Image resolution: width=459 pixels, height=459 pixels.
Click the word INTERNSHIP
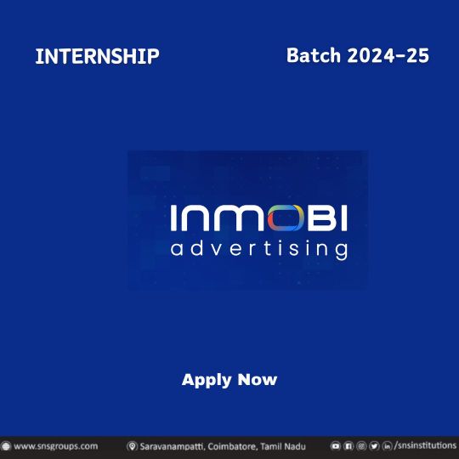coord(97,57)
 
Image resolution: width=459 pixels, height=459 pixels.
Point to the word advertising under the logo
coord(258,249)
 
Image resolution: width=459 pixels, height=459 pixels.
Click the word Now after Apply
coord(258,380)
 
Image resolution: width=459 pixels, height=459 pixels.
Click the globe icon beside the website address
coord(6,446)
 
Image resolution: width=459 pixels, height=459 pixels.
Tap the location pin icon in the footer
coord(133,446)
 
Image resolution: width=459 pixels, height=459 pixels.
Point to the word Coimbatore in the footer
coord(234,446)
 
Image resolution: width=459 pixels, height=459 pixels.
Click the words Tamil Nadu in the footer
coord(283,446)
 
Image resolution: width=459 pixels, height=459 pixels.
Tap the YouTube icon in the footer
coord(336,446)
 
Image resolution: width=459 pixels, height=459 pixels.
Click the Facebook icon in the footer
coord(348,446)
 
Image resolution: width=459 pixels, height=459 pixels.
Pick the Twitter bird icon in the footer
coord(374,446)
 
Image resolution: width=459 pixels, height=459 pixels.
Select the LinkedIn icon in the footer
coord(388,446)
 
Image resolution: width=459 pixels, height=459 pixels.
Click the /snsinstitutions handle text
coord(427,446)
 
